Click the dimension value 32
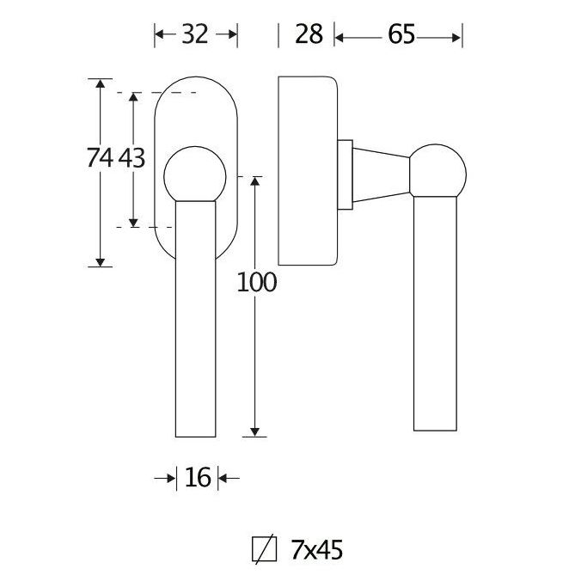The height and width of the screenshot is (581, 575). [196, 34]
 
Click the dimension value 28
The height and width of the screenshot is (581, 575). [308, 34]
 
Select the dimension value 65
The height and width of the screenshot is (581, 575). [401, 34]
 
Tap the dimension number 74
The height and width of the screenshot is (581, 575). [101, 158]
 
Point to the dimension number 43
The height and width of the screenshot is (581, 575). [130, 158]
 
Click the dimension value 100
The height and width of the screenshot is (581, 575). [256, 282]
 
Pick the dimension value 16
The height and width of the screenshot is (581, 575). [198, 478]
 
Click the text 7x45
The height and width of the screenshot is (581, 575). [317, 547]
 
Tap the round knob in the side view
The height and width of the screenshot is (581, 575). [437, 172]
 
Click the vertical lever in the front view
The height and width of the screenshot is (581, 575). [196, 318]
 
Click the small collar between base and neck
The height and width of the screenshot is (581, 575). [346, 174]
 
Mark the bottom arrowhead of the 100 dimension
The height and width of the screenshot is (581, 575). [255, 431]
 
